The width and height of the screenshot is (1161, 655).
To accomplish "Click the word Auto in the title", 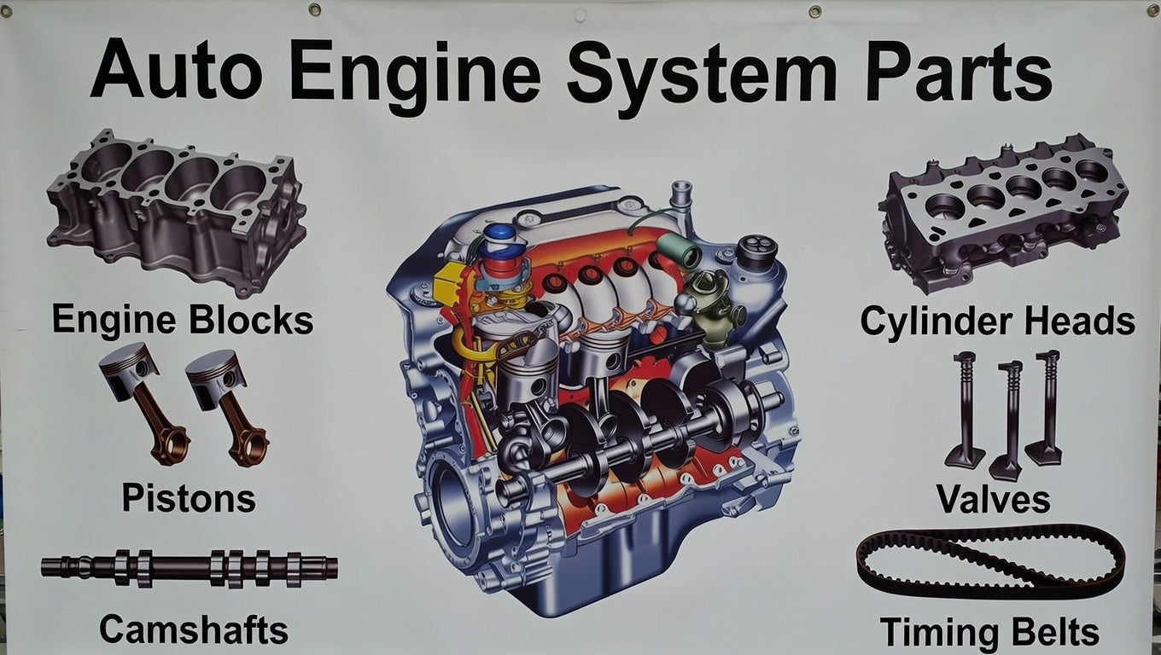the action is click(176, 68).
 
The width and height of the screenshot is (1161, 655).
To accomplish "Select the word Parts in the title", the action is click(958, 70).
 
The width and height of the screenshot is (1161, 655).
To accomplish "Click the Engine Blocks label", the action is click(183, 320).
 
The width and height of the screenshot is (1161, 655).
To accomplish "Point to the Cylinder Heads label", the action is click(997, 322).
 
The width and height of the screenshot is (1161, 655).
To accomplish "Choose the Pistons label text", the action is click(189, 498).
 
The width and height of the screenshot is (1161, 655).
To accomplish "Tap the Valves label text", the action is click(993, 499).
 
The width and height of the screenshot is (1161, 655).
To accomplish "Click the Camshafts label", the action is click(193, 629).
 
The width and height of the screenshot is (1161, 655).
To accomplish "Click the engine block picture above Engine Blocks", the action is click(176, 212).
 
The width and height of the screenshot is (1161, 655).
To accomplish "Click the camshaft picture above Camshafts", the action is click(190, 568).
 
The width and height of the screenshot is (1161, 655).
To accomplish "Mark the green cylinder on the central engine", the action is click(680, 250).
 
